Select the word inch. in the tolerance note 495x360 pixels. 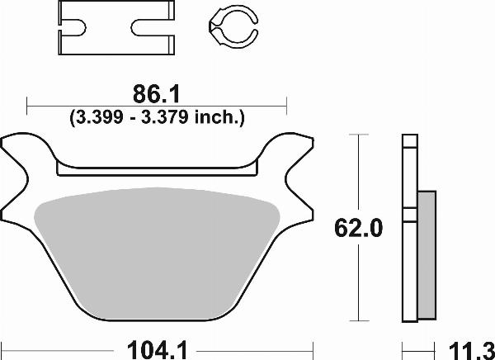[x=217, y=117]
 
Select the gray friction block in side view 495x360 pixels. [x=426, y=256]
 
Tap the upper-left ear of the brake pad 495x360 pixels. [x=21, y=153]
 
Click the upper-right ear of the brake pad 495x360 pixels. [x=297, y=153]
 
